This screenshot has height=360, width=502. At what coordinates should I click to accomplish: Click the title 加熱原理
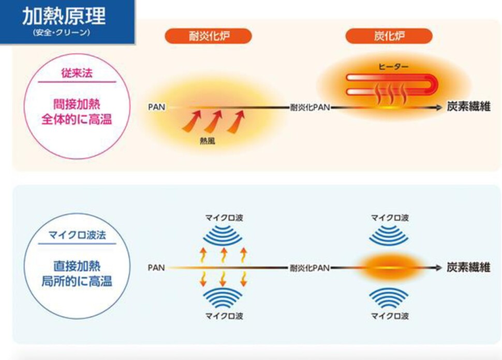[x=64, y=16]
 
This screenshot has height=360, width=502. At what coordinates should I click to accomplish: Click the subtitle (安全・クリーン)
[x=62, y=32]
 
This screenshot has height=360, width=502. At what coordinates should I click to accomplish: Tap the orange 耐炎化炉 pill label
[x=209, y=36]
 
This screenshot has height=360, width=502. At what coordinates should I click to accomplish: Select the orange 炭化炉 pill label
[x=389, y=36]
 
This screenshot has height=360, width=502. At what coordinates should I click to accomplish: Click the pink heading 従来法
[x=77, y=73]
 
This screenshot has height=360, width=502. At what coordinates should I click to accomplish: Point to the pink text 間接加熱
[x=77, y=104]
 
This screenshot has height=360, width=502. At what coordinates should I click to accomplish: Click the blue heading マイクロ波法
[x=77, y=235]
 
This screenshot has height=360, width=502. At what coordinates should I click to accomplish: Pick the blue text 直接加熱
[x=77, y=266]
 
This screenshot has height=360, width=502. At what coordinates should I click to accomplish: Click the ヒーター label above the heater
[x=393, y=67]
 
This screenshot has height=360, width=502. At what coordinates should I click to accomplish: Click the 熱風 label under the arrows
[x=208, y=140]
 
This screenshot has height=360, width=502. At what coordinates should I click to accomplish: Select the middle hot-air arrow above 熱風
[x=214, y=121]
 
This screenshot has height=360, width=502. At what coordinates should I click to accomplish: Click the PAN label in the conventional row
[x=157, y=107]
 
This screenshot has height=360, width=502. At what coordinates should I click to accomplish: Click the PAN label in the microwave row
[x=156, y=268]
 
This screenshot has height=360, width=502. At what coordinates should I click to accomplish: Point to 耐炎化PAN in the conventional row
[x=310, y=107]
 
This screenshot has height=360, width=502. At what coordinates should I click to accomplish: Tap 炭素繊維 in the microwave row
[x=468, y=268]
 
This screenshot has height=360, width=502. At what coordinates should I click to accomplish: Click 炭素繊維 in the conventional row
[x=468, y=107]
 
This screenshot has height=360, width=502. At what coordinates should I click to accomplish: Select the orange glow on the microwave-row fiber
[x=389, y=268]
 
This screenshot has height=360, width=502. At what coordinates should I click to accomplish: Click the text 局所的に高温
[x=77, y=281]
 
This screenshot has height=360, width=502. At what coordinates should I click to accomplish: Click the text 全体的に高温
[x=77, y=119]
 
